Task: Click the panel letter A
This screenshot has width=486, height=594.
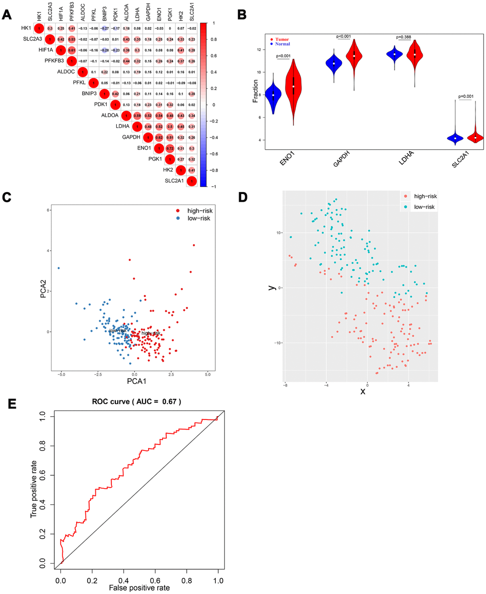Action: click(7, 14)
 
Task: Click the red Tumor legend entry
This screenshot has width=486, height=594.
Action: click(282, 40)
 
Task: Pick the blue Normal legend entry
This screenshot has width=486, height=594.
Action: click(282, 44)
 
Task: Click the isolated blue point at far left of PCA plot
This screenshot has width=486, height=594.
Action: click(59, 268)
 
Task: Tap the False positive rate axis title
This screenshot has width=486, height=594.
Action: click(139, 588)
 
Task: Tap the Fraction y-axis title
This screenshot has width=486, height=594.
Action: click(256, 91)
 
